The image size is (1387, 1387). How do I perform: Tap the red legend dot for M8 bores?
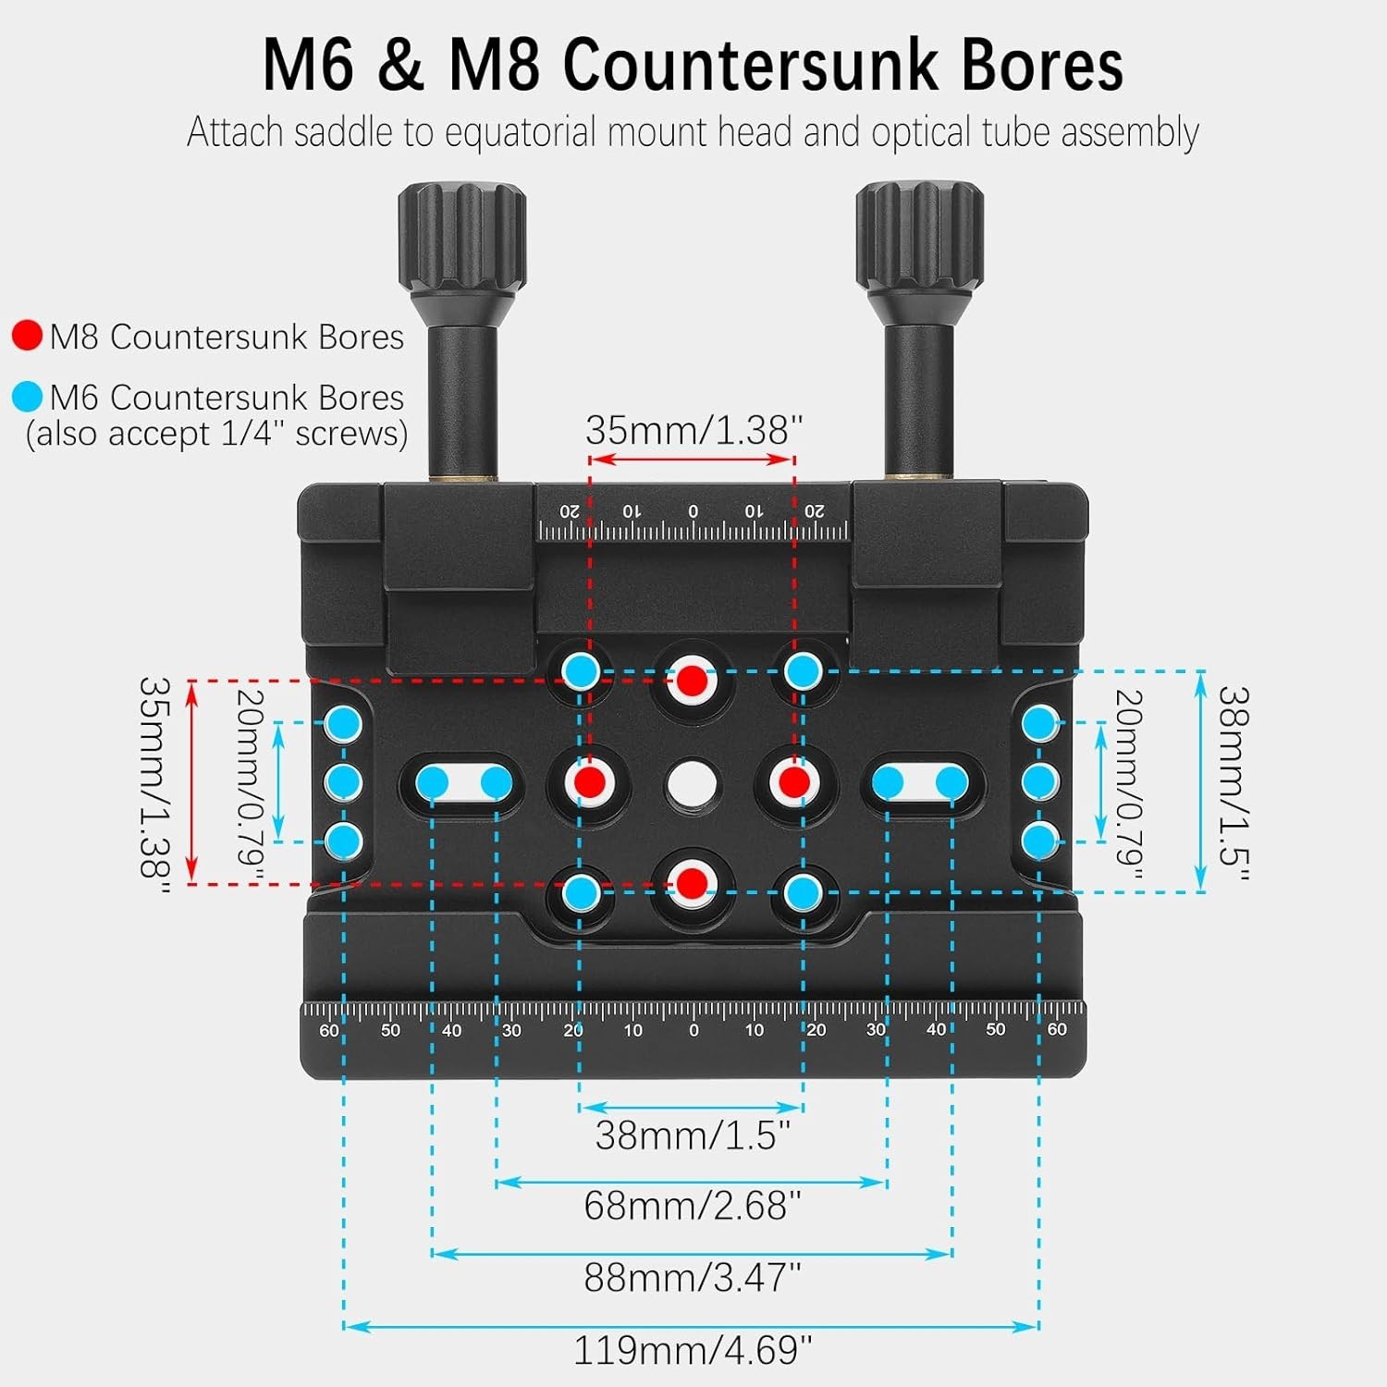pyautogui.click(x=28, y=336)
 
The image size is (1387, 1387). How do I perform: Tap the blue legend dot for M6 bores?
pyautogui.click(x=28, y=397)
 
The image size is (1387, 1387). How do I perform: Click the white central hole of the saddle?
pyautogui.click(x=692, y=783)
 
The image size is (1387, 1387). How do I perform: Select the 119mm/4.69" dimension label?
pyautogui.click(x=693, y=1351)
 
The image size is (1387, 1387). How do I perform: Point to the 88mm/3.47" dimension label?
pyautogui.click(x=693, y=1278)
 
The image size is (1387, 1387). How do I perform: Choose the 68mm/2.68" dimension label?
pyautogui.click(x=693, y=1206)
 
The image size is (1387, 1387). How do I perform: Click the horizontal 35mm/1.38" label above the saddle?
pyautogui.click(x=693, y=430)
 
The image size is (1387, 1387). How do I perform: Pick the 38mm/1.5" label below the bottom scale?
pyautogui.click(x=693, y=1135)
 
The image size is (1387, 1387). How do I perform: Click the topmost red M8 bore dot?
pyautogui.click(x=692, y=681)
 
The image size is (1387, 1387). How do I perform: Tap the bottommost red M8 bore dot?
pyautogui.click(x=692, y=883)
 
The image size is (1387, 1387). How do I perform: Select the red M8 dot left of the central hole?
pyautogui.click(x=590, y=783)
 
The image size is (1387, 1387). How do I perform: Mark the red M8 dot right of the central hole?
pyautogui.click(x=793, y=783)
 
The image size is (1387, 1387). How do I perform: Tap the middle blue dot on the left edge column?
pyautogui.click(x=344, y=782)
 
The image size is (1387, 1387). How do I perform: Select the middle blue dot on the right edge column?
pyautogui.click(x=1040, y=782)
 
